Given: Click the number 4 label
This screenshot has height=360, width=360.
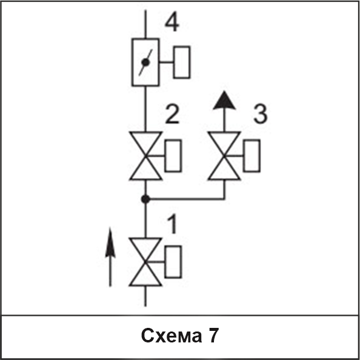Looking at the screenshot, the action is pyautogui.click(x=172, y=22).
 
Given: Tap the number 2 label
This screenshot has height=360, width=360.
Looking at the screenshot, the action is pyautogui.click(x=172, y=114).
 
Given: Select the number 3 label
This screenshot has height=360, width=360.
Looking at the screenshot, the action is pyautogui.click(x=261, y=114).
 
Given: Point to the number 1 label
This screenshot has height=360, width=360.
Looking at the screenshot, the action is pyautogui.click(x=172, y=224).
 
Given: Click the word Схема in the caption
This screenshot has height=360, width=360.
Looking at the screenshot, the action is pyautogui.click(x=172, y=335).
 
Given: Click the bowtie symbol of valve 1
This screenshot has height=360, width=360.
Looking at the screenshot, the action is pyautogui.click(x=145, y=262).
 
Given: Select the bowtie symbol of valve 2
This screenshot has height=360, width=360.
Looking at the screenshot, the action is pyautogui.click(x=145, y=156).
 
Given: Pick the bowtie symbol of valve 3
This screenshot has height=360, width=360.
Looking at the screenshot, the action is pyautogui.click(x=224, y=156).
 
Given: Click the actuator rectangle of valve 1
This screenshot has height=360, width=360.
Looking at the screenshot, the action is pyautogui.click(x=173, y=262).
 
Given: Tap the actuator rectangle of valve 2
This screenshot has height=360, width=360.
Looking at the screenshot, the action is pyautogui.click(x=173, y=156).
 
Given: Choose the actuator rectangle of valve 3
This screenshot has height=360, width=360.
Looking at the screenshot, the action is pyautogui.click(x=252, y=156).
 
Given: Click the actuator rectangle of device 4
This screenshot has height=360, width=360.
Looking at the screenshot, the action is pyautogui.click(x=182, y=62).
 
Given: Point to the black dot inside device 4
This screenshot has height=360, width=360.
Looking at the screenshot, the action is pyautogui.click(x=145, y=62).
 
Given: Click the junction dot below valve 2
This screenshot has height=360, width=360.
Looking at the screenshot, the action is pyautogui.click(x=145, y=199).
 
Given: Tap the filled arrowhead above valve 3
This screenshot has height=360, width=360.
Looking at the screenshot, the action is pyautogui.click(x=224, y=101).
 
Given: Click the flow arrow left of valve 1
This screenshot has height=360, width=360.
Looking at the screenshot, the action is pyautogui.click(x=110, y=257).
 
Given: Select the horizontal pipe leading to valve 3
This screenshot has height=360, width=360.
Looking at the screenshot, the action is pyautogui.click(x=185, y=199).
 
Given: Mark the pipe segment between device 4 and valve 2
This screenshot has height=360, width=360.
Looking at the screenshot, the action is pyautogui.click(x=145, y=109).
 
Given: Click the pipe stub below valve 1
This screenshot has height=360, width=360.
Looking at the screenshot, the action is pyautogui.click(x=145, y=296).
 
